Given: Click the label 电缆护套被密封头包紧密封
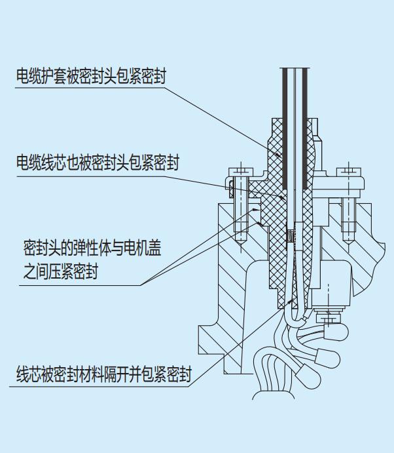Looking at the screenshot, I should (x=91, y=77).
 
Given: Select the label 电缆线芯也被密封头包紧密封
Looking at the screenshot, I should (x=98, y=162).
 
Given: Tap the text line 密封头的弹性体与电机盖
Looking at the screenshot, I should (x=92, y=248).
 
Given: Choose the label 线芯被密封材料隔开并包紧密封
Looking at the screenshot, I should (x=104, y=375).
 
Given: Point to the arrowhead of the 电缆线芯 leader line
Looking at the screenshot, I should (x=282, y=197).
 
